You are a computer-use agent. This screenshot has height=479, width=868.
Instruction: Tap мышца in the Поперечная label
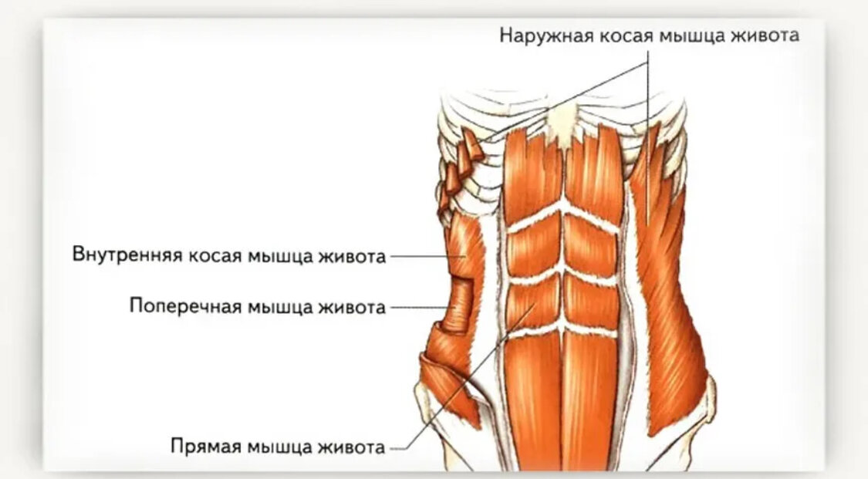click(x=276, y=306)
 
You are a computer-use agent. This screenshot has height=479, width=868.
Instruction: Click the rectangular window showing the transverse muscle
click(x=461, y=305)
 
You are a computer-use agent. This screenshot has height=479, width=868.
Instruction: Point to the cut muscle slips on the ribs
click(x=461, y=166)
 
